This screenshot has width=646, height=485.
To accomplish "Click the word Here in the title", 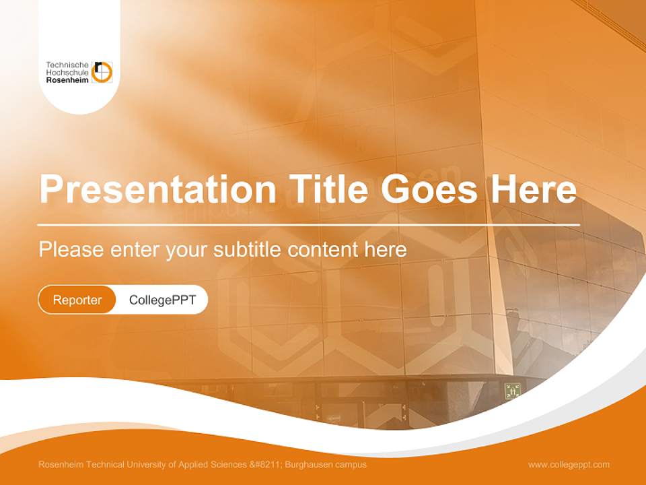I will tap(534, 189).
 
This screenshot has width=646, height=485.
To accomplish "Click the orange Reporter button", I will tap(77, 300).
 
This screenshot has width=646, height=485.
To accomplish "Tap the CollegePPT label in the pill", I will tap(162, 300).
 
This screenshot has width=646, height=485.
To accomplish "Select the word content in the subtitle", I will tap(322, 250).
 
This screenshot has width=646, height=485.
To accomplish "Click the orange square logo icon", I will tap(102, 71).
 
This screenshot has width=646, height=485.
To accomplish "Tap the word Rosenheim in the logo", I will tap(67, 79).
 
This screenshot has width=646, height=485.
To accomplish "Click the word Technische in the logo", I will tap(67, 65).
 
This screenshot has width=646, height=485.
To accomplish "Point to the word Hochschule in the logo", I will tap(67, 72).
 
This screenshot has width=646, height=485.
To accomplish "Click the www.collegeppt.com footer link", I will tap(569, 464).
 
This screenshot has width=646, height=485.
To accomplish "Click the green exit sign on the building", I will tap(513, 390).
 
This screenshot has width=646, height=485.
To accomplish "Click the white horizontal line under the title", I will tap(308, 224).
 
